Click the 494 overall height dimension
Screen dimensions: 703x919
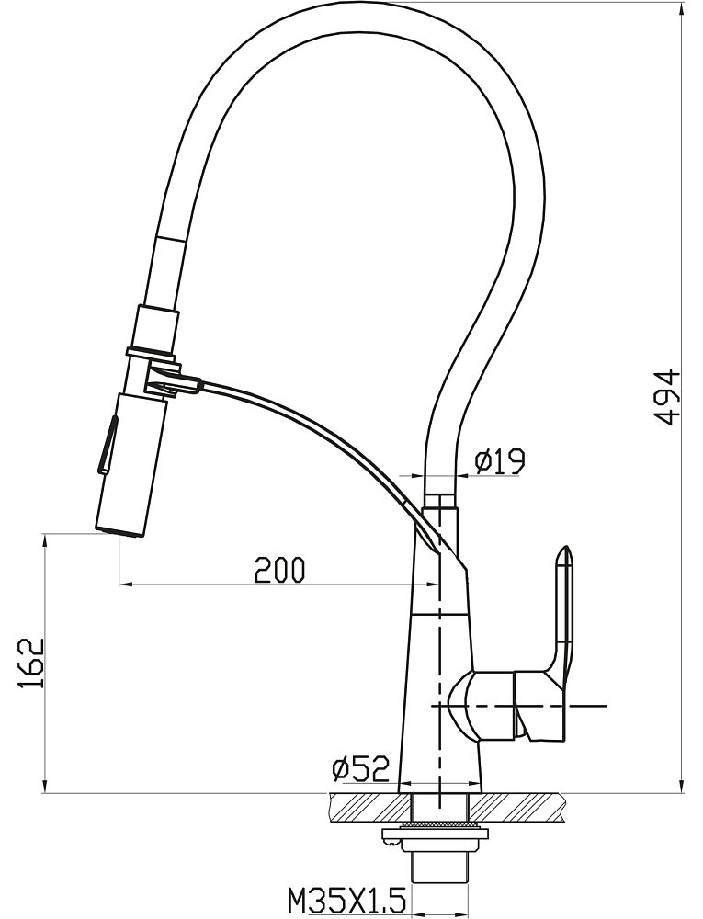click(666, 397)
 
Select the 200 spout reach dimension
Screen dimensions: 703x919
click(280, 569)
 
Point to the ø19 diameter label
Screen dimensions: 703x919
click(500, 462)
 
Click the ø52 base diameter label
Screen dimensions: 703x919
click(359, 768)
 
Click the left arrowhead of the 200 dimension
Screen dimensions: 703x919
click(124, 584)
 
